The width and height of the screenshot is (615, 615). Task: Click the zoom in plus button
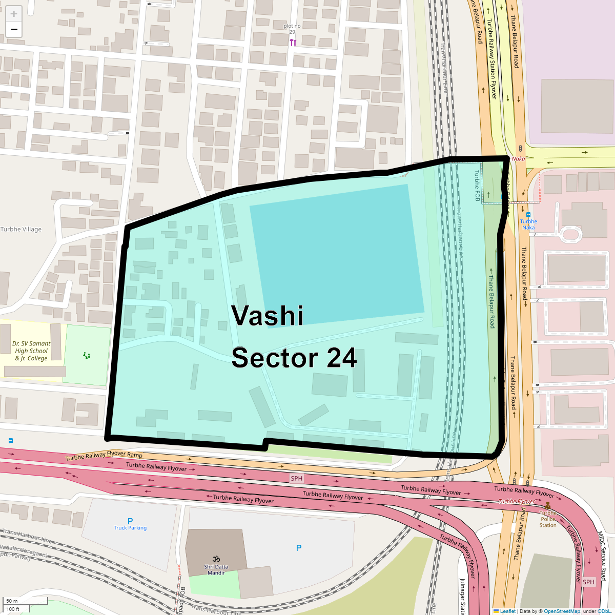[x=14, y=14]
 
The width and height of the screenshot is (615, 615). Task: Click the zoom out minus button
[x=14, y=29]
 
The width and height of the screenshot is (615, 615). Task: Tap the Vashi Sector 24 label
[x=294, y=337]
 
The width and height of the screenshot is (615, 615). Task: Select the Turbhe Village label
[x=21, y=230]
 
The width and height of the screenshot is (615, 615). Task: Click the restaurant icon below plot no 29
[x=293, y=43]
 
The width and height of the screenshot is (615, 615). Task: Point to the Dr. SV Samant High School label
[x=31, y=351]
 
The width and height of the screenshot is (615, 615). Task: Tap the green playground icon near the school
[x=87, y=355]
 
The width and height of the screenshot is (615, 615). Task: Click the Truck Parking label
[x=130, y=527]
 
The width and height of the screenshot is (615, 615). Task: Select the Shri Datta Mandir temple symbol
[x=216, y=559]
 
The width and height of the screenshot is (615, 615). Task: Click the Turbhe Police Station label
[x=548, y=519]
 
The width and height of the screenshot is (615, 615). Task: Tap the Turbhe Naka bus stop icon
[x=528, y=215]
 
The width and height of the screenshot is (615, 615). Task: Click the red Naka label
[x=518, y=159]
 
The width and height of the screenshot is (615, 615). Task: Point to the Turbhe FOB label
[x=477, y=186]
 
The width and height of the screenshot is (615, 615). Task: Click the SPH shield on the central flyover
[x=297, y=478]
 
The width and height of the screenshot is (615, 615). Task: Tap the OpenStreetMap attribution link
[x=562, y=611]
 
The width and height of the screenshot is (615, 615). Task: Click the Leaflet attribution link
[x=507, y=611]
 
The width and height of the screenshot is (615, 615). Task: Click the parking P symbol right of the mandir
[x=299, y=548]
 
